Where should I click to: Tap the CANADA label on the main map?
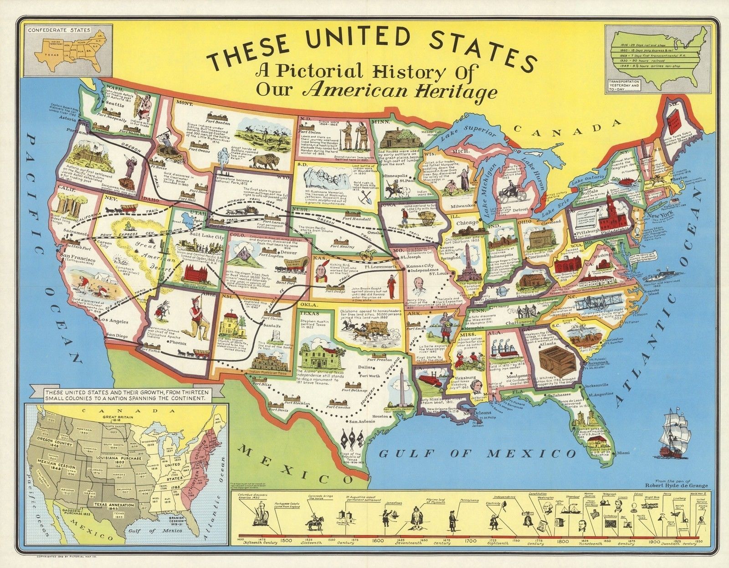[568, 127]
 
